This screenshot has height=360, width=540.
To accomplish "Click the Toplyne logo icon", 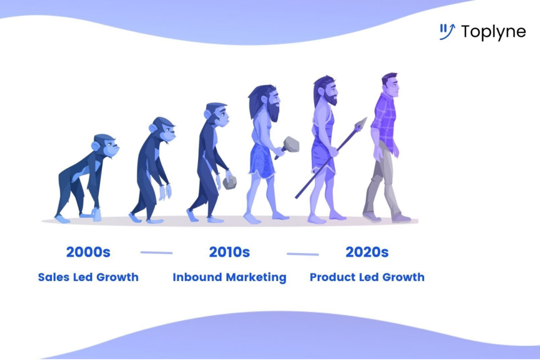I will [x=447, y=32].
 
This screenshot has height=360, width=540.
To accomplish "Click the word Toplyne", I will [x=493, y=32].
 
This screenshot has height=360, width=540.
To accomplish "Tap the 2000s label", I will [x=88, y=252].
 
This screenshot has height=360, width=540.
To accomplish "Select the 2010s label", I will [x=229, y=252].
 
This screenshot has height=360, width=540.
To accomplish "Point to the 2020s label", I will [x=367, y=252].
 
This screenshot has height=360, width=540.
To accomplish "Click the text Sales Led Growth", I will [x=88, y=277].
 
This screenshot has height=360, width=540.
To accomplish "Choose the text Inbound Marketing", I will [x=229, y=277].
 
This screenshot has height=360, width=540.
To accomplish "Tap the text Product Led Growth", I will [x=367, y=277].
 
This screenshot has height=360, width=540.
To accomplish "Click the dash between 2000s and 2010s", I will [x=156, y=252].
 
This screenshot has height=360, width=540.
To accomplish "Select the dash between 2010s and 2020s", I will [x=303, y=254].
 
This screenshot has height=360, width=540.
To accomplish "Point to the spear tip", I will [x=361, y=124].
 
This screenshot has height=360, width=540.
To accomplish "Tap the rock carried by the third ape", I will [x=230, y=182].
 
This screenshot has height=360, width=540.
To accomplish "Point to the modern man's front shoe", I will [x=401, y=218].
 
